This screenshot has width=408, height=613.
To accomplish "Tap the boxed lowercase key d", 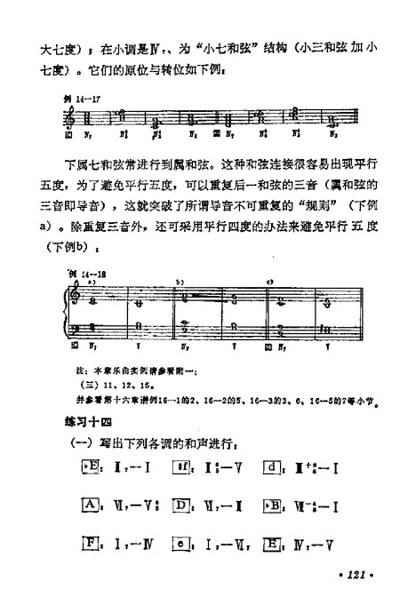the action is click(x=273, y=467).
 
